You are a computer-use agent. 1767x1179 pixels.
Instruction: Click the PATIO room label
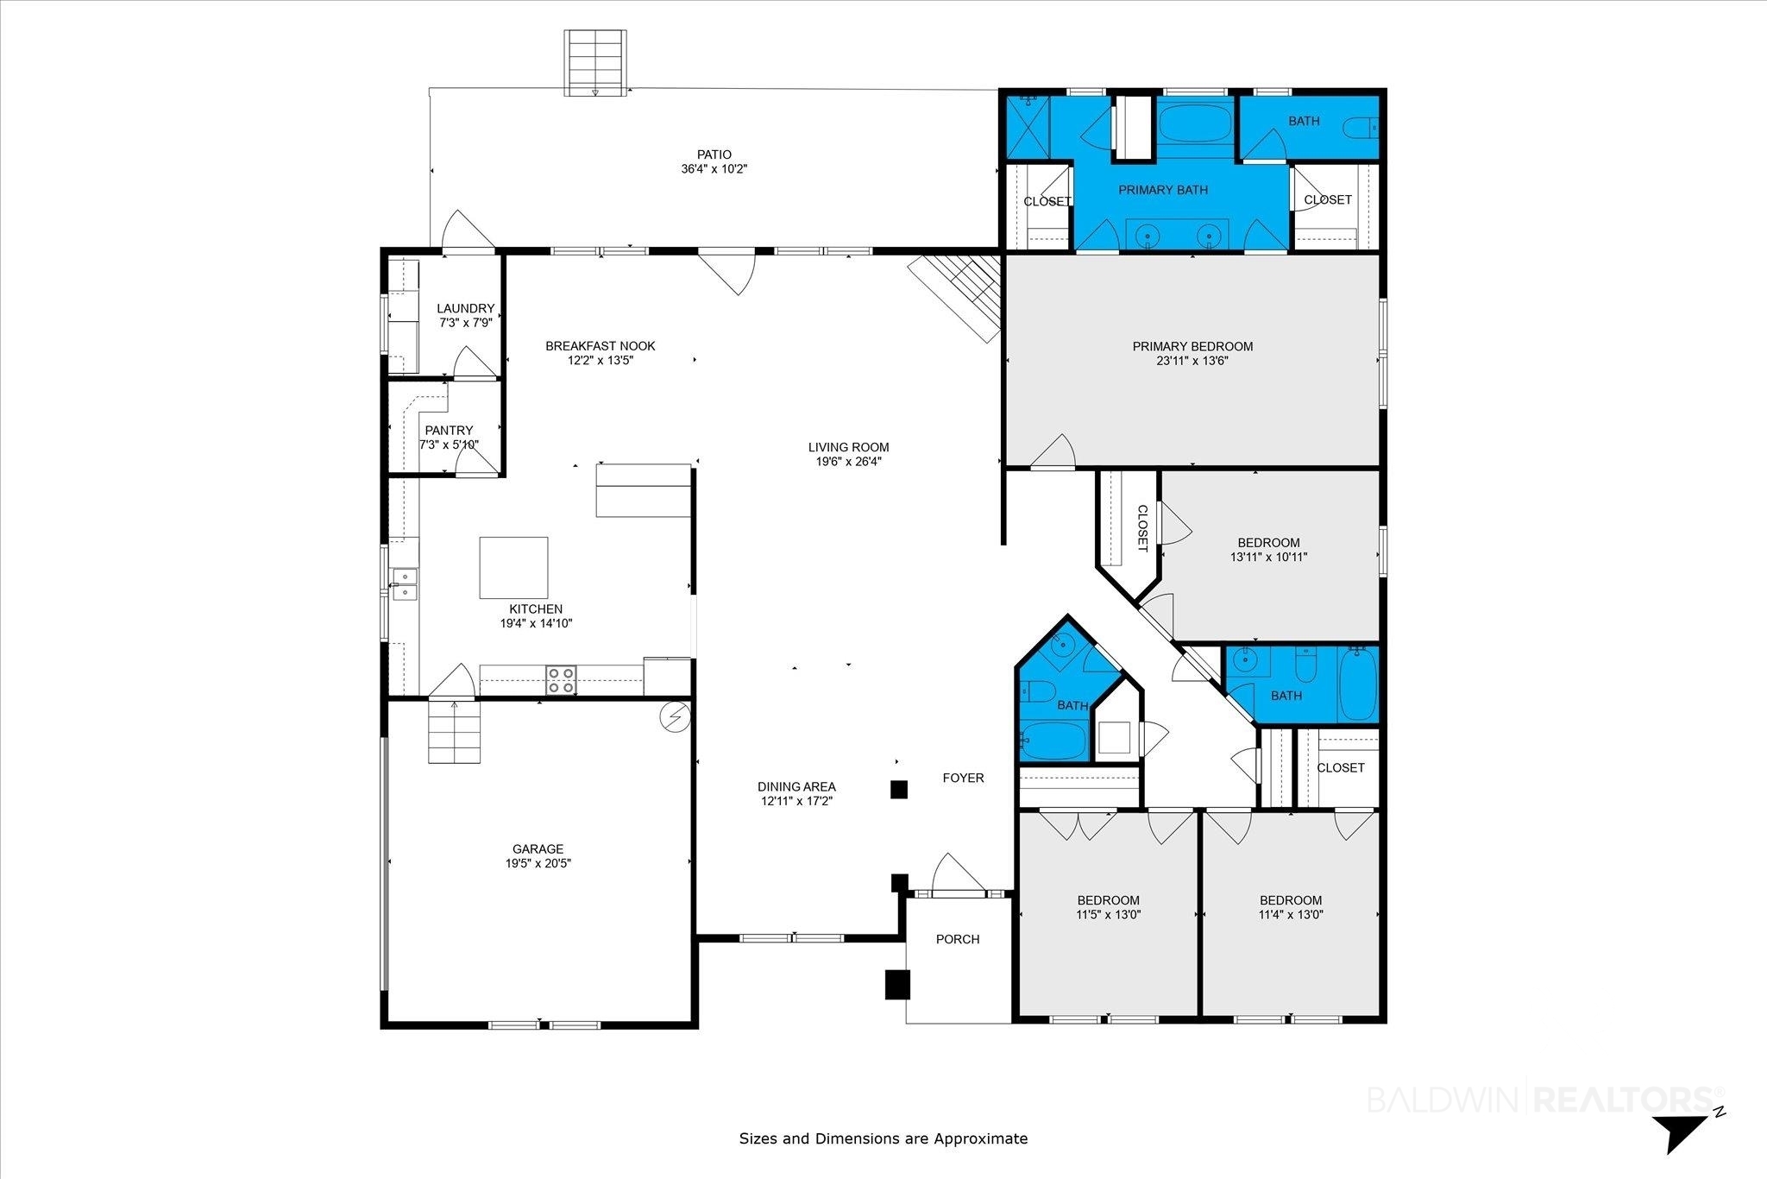click(x=714, y=154)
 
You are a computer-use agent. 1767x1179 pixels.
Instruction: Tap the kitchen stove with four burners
click(x=562, y=679)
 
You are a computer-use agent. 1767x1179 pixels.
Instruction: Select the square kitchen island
click(x=513, y=567)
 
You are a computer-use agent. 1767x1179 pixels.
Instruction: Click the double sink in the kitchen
click(x=404, y=583)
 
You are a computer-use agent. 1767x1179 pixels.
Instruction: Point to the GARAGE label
click(x=538, y=848)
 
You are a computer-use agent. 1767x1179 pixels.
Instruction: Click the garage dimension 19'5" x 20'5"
click(x=538, y=863)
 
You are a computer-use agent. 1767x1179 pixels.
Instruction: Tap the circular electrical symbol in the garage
click(x=674, y=716)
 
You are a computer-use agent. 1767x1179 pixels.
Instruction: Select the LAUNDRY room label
click(x=466, y=308)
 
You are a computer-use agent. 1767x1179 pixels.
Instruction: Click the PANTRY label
click(x=449, y=430)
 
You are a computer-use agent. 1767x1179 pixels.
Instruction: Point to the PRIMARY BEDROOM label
click(x=1192, y=346)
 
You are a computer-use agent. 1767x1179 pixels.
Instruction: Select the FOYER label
click(x=963, y=778)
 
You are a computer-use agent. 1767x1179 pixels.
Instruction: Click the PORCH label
click(x=958, y=939)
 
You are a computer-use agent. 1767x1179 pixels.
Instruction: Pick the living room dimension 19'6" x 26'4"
click(x=849, y=462)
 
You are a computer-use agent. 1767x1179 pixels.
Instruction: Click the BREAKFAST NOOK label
click(x=601, y=346)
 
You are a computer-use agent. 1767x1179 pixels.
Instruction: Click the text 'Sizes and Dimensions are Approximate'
click(x=883, y=1138)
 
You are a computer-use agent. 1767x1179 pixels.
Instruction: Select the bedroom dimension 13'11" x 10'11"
click(x=1268, y=557)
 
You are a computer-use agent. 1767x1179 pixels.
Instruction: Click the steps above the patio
click(x=595, y=63)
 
